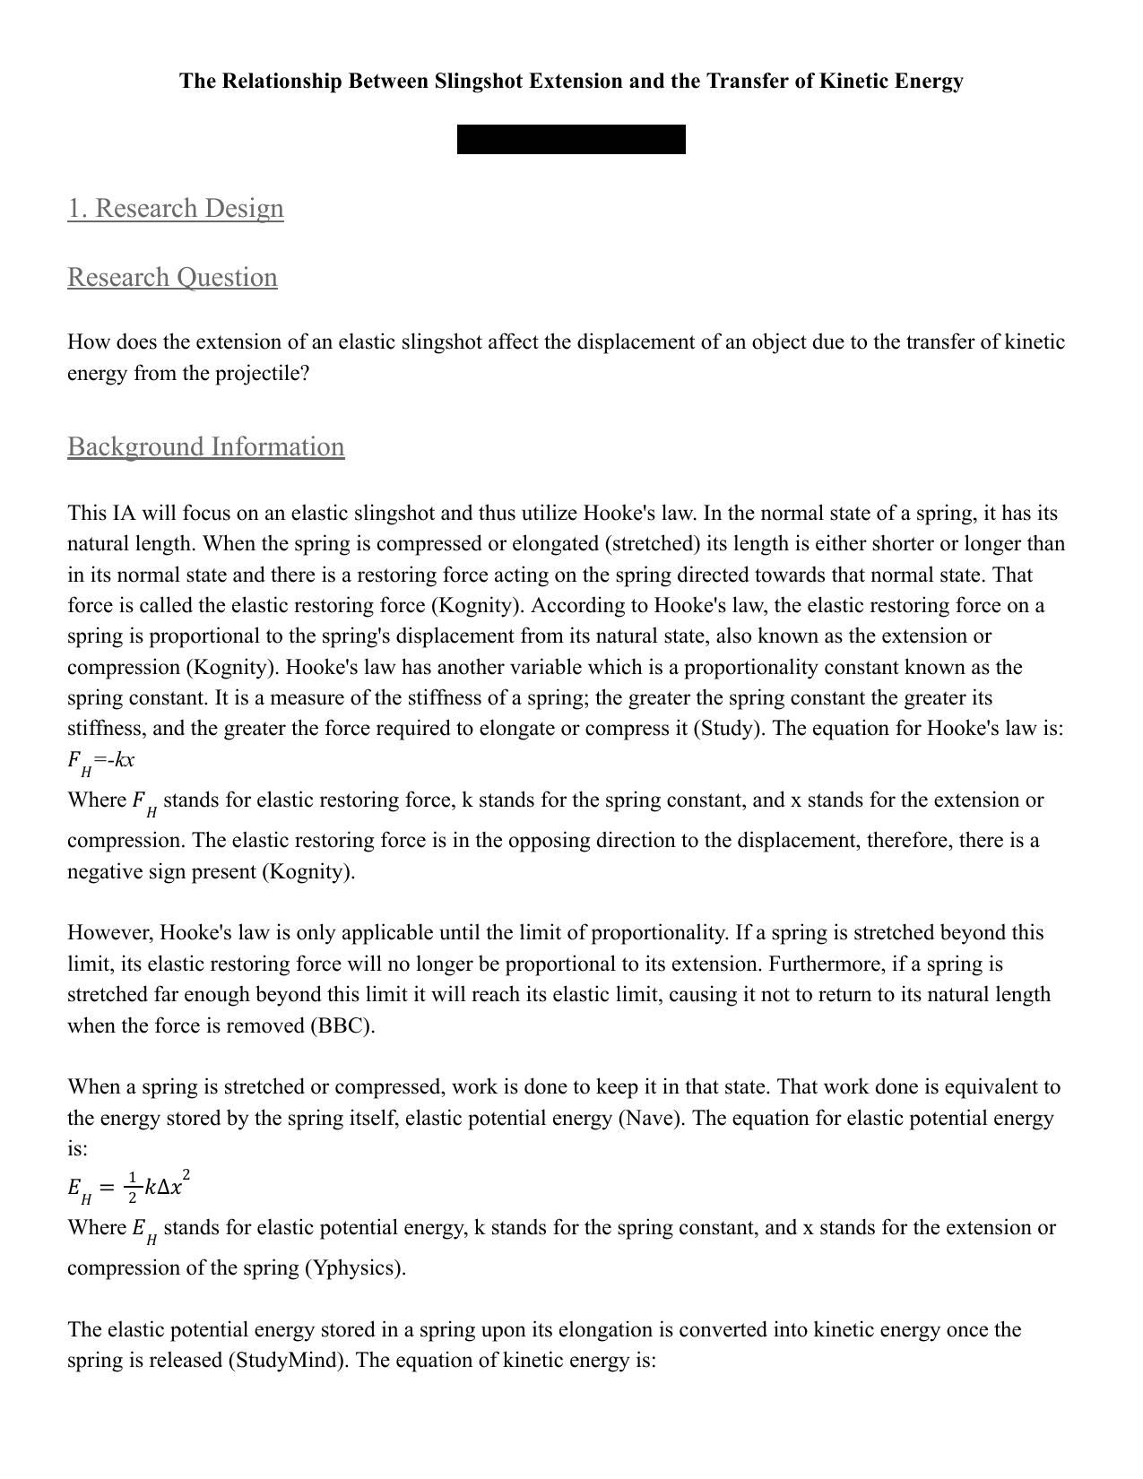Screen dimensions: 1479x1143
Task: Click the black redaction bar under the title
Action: [x=571, y=140]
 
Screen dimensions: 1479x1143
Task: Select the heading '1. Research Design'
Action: [x=176, y=208]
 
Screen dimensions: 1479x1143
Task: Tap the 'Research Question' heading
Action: [x=172, y=277]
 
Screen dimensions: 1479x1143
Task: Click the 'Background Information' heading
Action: [x=205, y=446]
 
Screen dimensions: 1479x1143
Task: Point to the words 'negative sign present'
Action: [x=161, y=871]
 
